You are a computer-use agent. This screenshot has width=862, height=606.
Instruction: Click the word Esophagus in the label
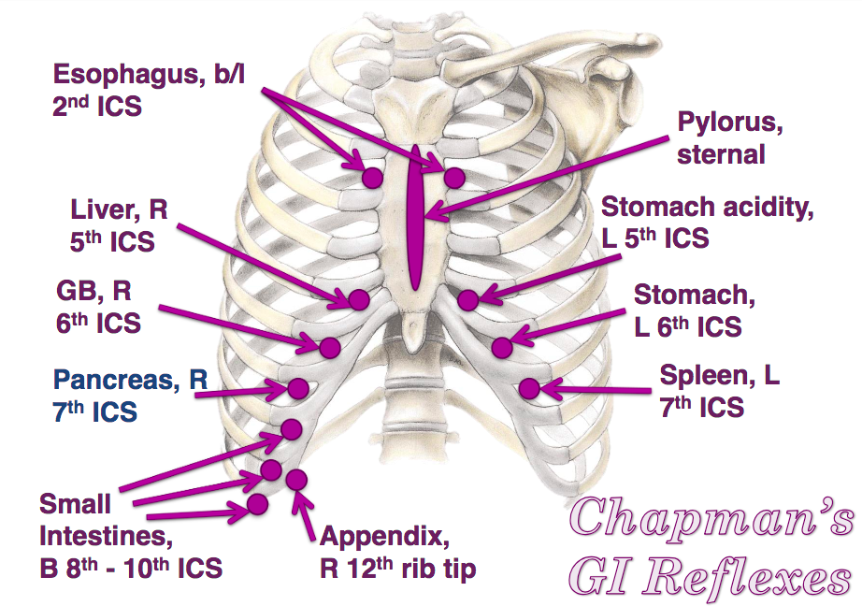123,75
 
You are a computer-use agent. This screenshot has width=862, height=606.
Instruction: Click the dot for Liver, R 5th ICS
358,299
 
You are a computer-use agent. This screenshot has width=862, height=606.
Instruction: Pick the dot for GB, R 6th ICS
329,347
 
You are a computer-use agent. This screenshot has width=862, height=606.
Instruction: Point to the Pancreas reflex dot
299,387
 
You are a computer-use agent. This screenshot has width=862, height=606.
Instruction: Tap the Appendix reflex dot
297,480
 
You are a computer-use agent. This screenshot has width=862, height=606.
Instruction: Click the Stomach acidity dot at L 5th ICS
468,300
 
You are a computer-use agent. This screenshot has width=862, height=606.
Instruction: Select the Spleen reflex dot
529,386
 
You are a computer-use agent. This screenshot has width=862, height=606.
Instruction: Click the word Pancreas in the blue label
118,381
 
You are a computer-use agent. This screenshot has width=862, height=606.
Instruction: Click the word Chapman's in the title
711,517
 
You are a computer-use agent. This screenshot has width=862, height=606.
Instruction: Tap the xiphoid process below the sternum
415,325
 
